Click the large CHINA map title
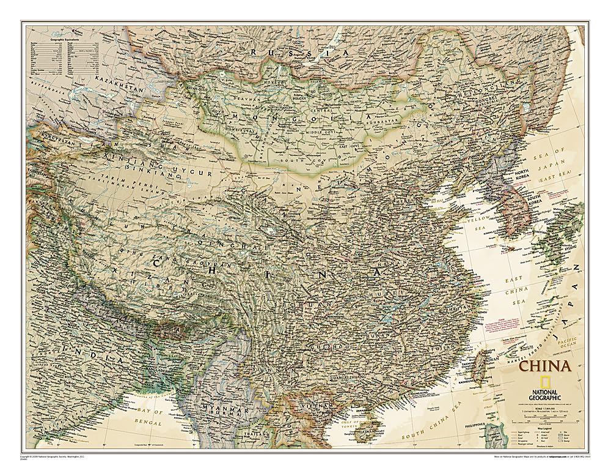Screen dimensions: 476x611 pyautogui.click(x=544, y=367)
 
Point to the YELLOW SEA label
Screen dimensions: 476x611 pyautogui.click(x=477, y=222)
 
